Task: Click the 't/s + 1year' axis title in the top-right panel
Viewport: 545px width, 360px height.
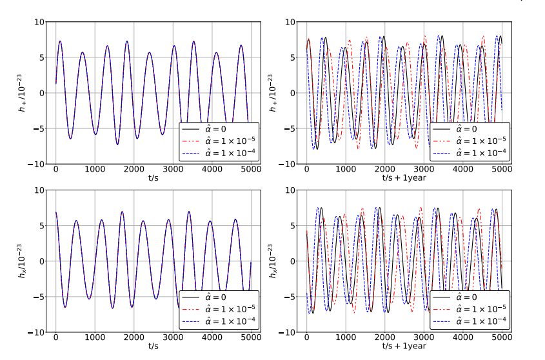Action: pyautogui.click(x=405, y=179)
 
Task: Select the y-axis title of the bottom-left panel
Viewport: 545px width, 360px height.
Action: pyautogui.click(x=24, y=261)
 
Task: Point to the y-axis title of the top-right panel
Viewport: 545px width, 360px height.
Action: pyautogui.click(x=275, y=92)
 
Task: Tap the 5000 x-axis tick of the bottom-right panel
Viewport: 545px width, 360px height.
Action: pyautogui.click(x=502, y=338)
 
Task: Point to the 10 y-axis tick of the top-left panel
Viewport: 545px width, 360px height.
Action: pyautogui.click(x=39, y=22)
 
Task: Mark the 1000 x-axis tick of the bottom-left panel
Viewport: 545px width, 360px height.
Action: pyautogui.click(x=95, y=338)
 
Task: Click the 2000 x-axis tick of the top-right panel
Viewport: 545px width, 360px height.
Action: pyautogui.click(x=384, y=170)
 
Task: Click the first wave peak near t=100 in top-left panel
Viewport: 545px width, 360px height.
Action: pyautogui.click(x=60, y=41)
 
